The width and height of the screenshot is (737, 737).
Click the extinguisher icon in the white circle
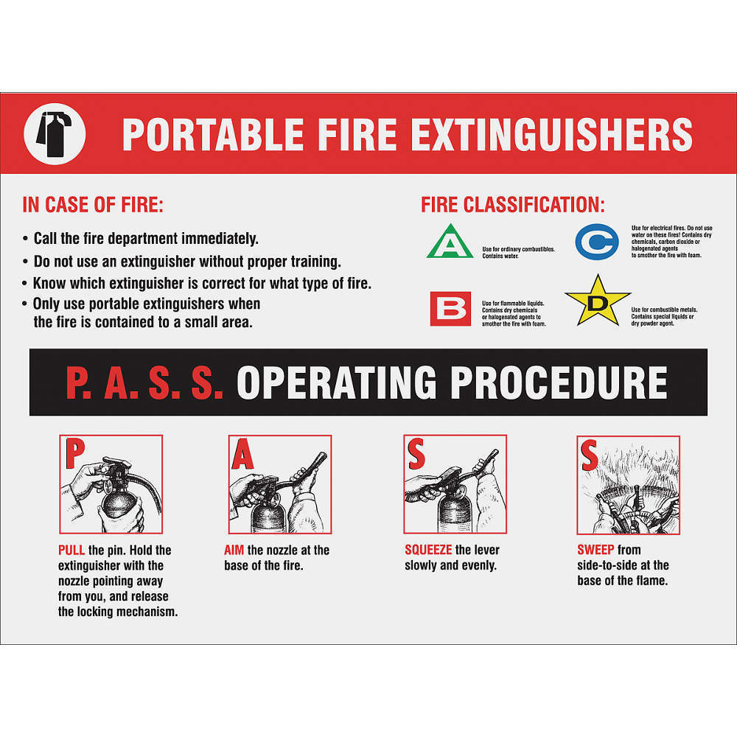(x=55, y=133)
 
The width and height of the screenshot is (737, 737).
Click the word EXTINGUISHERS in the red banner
(x=551, y=134)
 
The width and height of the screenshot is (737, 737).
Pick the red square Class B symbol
(x=450, y=308)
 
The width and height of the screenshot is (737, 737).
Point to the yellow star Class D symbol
(x=597, y=300)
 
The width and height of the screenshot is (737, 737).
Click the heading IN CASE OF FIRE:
(x=93, y=205)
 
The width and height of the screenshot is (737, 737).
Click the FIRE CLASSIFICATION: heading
(x=513, y=205)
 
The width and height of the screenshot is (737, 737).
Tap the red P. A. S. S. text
(x=144, y=383)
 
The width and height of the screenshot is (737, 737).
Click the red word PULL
(x=72, y=550)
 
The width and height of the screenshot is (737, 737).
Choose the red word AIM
(x=234, y=550)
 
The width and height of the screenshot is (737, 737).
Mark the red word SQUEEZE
(x=428, y=550)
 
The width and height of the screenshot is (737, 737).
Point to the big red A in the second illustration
(x=242, y=455)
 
